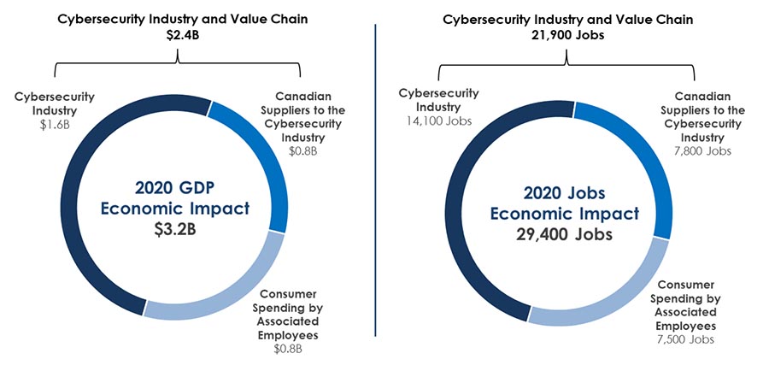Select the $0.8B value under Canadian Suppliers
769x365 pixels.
[x=302, y=151]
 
